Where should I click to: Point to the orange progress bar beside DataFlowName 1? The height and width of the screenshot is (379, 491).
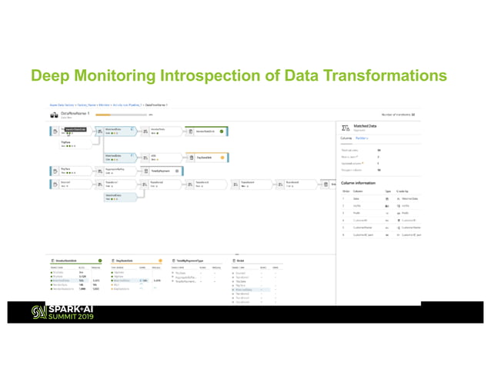click(120, 115)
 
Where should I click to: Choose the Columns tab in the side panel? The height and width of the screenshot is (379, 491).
click(348, 139)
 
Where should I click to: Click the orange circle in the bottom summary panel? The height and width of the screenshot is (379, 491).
click(160, 261)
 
